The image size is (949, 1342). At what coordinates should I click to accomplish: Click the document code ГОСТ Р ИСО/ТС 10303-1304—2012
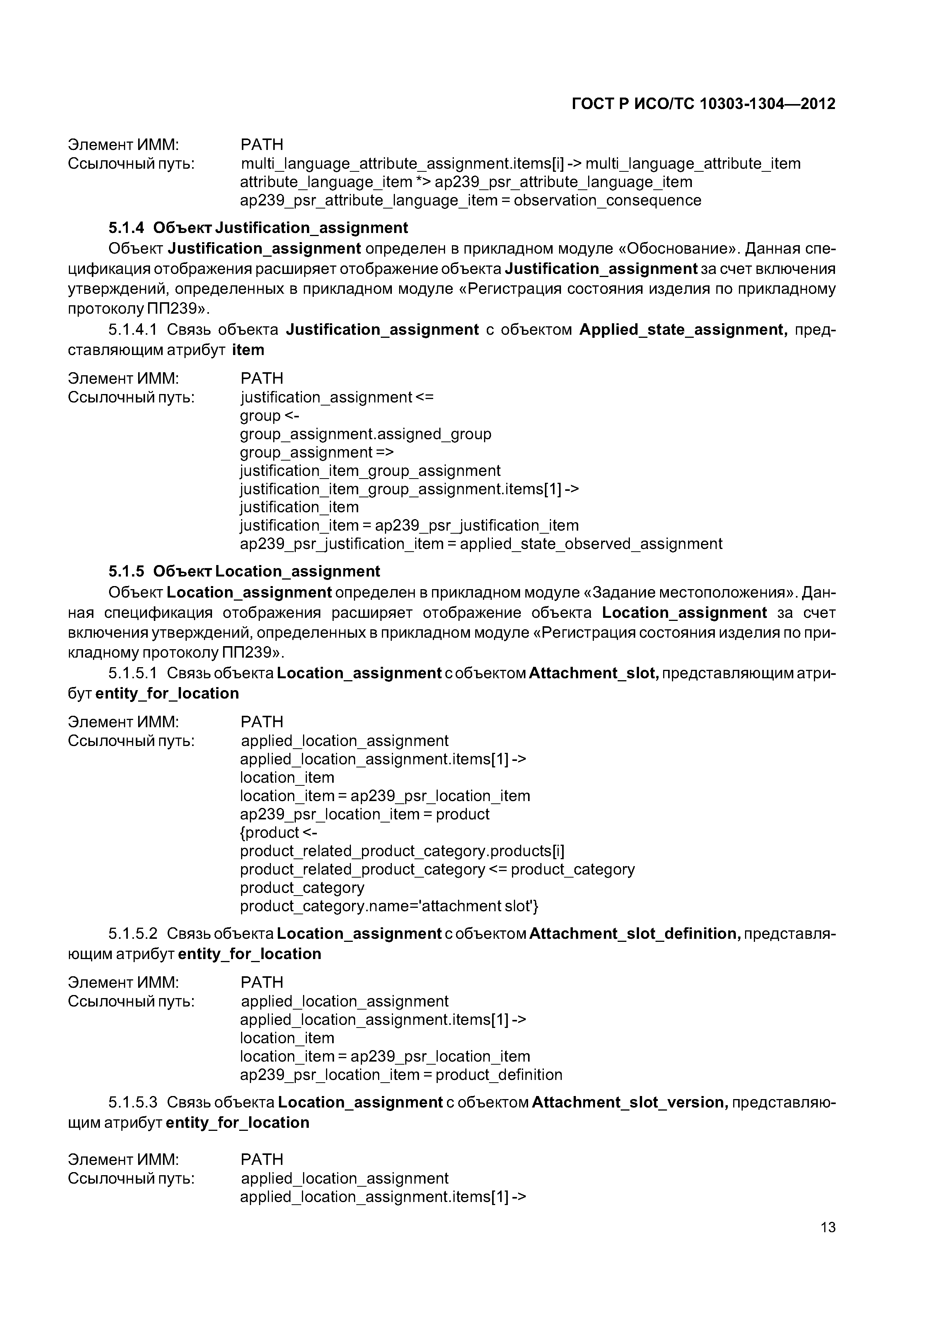(x=703, y=104)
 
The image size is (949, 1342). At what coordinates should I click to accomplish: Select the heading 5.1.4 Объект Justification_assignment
(x=258, y=227)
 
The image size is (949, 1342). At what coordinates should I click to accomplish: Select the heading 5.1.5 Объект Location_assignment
(x=244, y=571)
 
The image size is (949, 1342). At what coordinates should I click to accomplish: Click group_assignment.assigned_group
(x=365, y=434)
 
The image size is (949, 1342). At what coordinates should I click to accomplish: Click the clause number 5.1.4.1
(x=133, y=330)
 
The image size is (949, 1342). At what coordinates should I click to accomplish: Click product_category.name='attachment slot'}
(x=390, y=906)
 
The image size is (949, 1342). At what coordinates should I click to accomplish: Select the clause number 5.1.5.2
(x=133, y=933)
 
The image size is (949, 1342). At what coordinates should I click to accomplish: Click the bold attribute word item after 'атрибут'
(x=248, y=350)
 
